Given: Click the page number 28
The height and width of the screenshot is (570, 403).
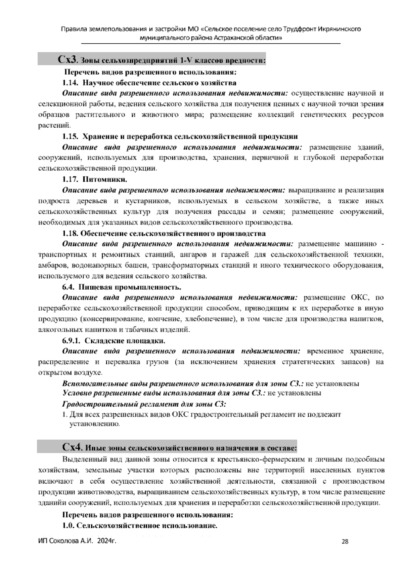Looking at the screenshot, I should click(x=345, y=541).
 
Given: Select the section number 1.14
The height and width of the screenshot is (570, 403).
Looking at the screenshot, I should click(x=70, y=83).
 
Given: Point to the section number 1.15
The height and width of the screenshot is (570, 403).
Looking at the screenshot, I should click(x=70, y=136).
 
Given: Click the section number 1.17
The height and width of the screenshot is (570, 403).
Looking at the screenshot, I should click(x=70, y=179).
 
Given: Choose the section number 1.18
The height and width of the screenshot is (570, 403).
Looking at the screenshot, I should click(x=70, y=233).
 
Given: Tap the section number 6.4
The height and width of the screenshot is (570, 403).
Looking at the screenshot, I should click(x=69, y=287).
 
